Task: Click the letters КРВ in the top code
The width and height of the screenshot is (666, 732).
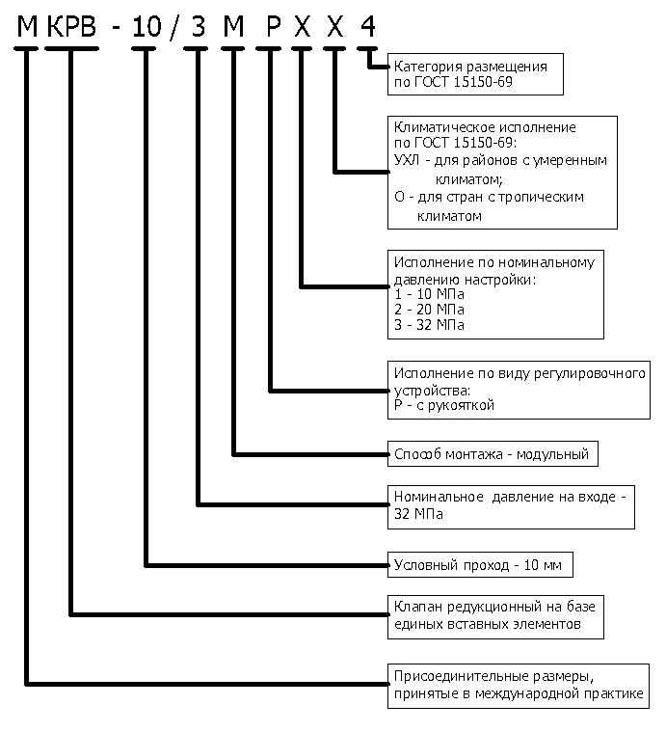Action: point(71,27)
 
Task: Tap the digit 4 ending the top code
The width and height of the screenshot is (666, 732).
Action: point(367,27)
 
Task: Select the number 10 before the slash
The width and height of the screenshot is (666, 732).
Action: point(147,27)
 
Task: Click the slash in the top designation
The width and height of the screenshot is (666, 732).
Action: point(173,27)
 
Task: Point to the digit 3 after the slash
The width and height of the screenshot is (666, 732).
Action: point(199,27)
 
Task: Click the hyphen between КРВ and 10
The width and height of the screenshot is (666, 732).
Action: point(116,29)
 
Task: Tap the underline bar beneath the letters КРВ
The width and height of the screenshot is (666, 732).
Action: point(71,48)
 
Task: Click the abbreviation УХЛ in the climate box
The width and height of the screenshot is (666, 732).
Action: point(407,160)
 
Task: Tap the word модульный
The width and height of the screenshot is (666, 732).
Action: point(552,454)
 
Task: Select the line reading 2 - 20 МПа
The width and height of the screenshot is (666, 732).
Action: point(429,310)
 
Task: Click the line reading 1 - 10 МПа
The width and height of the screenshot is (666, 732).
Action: point(429,294)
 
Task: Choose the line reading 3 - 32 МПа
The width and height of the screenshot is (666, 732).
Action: point(429,325)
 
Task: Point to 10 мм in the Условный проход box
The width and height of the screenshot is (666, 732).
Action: point(543,565)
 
